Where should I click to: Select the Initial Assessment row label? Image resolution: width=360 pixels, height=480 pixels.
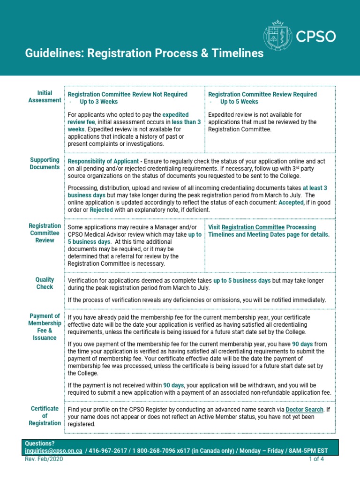click(x=45, y=97)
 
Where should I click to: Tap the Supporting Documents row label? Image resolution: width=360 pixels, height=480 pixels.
click(x=45, y=164)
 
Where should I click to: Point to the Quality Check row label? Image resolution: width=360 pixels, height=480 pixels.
click(x=45, y=283)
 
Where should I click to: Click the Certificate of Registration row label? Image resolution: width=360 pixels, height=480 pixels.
click(x=45, y=416)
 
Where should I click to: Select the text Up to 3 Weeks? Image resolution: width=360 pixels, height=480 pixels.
click(x=98, y=102)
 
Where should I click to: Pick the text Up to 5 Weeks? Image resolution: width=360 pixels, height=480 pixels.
click(x=239, y=102)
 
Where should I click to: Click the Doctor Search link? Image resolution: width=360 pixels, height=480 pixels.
click(x=304, y=409)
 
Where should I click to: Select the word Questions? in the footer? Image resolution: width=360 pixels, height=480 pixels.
click(x=40, y=443)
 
